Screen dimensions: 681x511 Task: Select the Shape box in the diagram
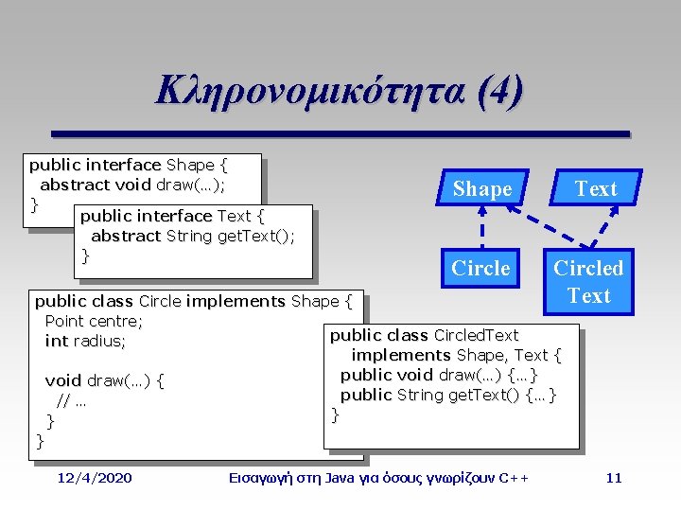(x=482, y=188)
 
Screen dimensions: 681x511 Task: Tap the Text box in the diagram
(x=596, y=188)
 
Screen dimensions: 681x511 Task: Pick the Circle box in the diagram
(x=480, y=269)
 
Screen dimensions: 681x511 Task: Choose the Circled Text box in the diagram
(x=588, y=282)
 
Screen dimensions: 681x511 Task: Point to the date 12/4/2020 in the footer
(x=95, y=477)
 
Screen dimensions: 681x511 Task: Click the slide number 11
(x=614, y=477)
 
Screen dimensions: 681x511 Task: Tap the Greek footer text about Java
(x=378, y=477)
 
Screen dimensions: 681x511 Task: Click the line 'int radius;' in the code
(x=85, y=341)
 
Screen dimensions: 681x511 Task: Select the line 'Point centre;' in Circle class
(x=93, y=321)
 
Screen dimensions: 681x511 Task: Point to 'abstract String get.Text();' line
(x=192, y=236)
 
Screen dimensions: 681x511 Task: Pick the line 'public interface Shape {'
(x=129, y=165)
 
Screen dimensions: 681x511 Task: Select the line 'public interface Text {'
(x=171, y=216)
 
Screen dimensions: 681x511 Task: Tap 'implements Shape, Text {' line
(x=456, y=355)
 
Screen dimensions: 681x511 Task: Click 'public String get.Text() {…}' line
(x=448, y=395)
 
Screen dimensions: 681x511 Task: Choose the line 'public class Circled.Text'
(x=424, y=335)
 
